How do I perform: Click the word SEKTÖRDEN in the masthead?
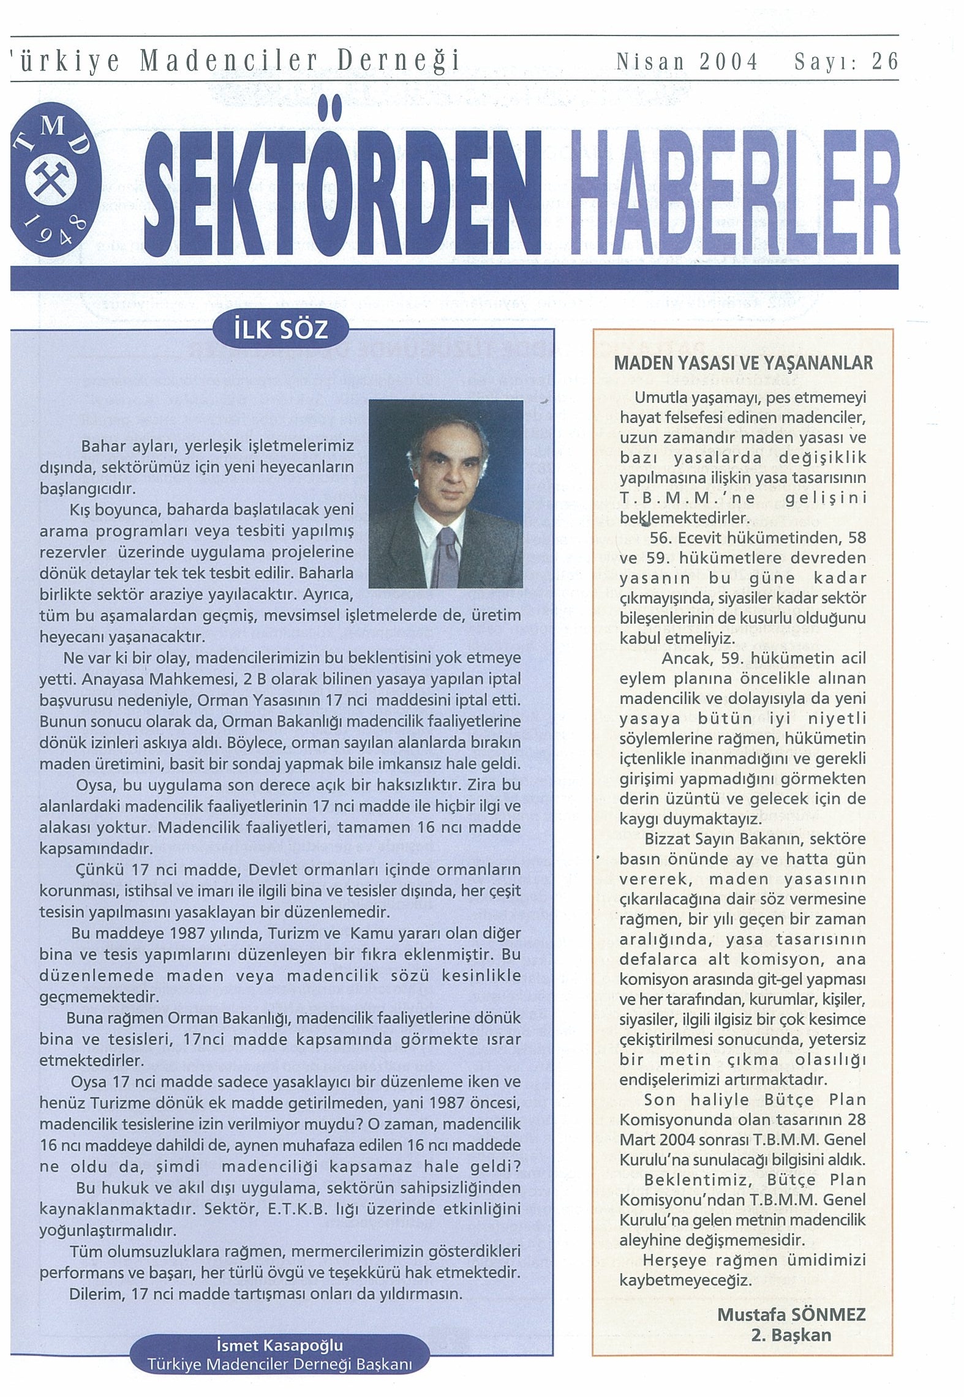click(343, 191)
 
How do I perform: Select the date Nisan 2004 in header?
click(687, 62)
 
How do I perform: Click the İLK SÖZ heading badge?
click(281, 330)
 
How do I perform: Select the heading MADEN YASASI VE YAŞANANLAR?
click(743, 363)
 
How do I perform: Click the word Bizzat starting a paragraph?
click(668, 838)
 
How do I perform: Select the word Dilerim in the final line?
click(92, 1294)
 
